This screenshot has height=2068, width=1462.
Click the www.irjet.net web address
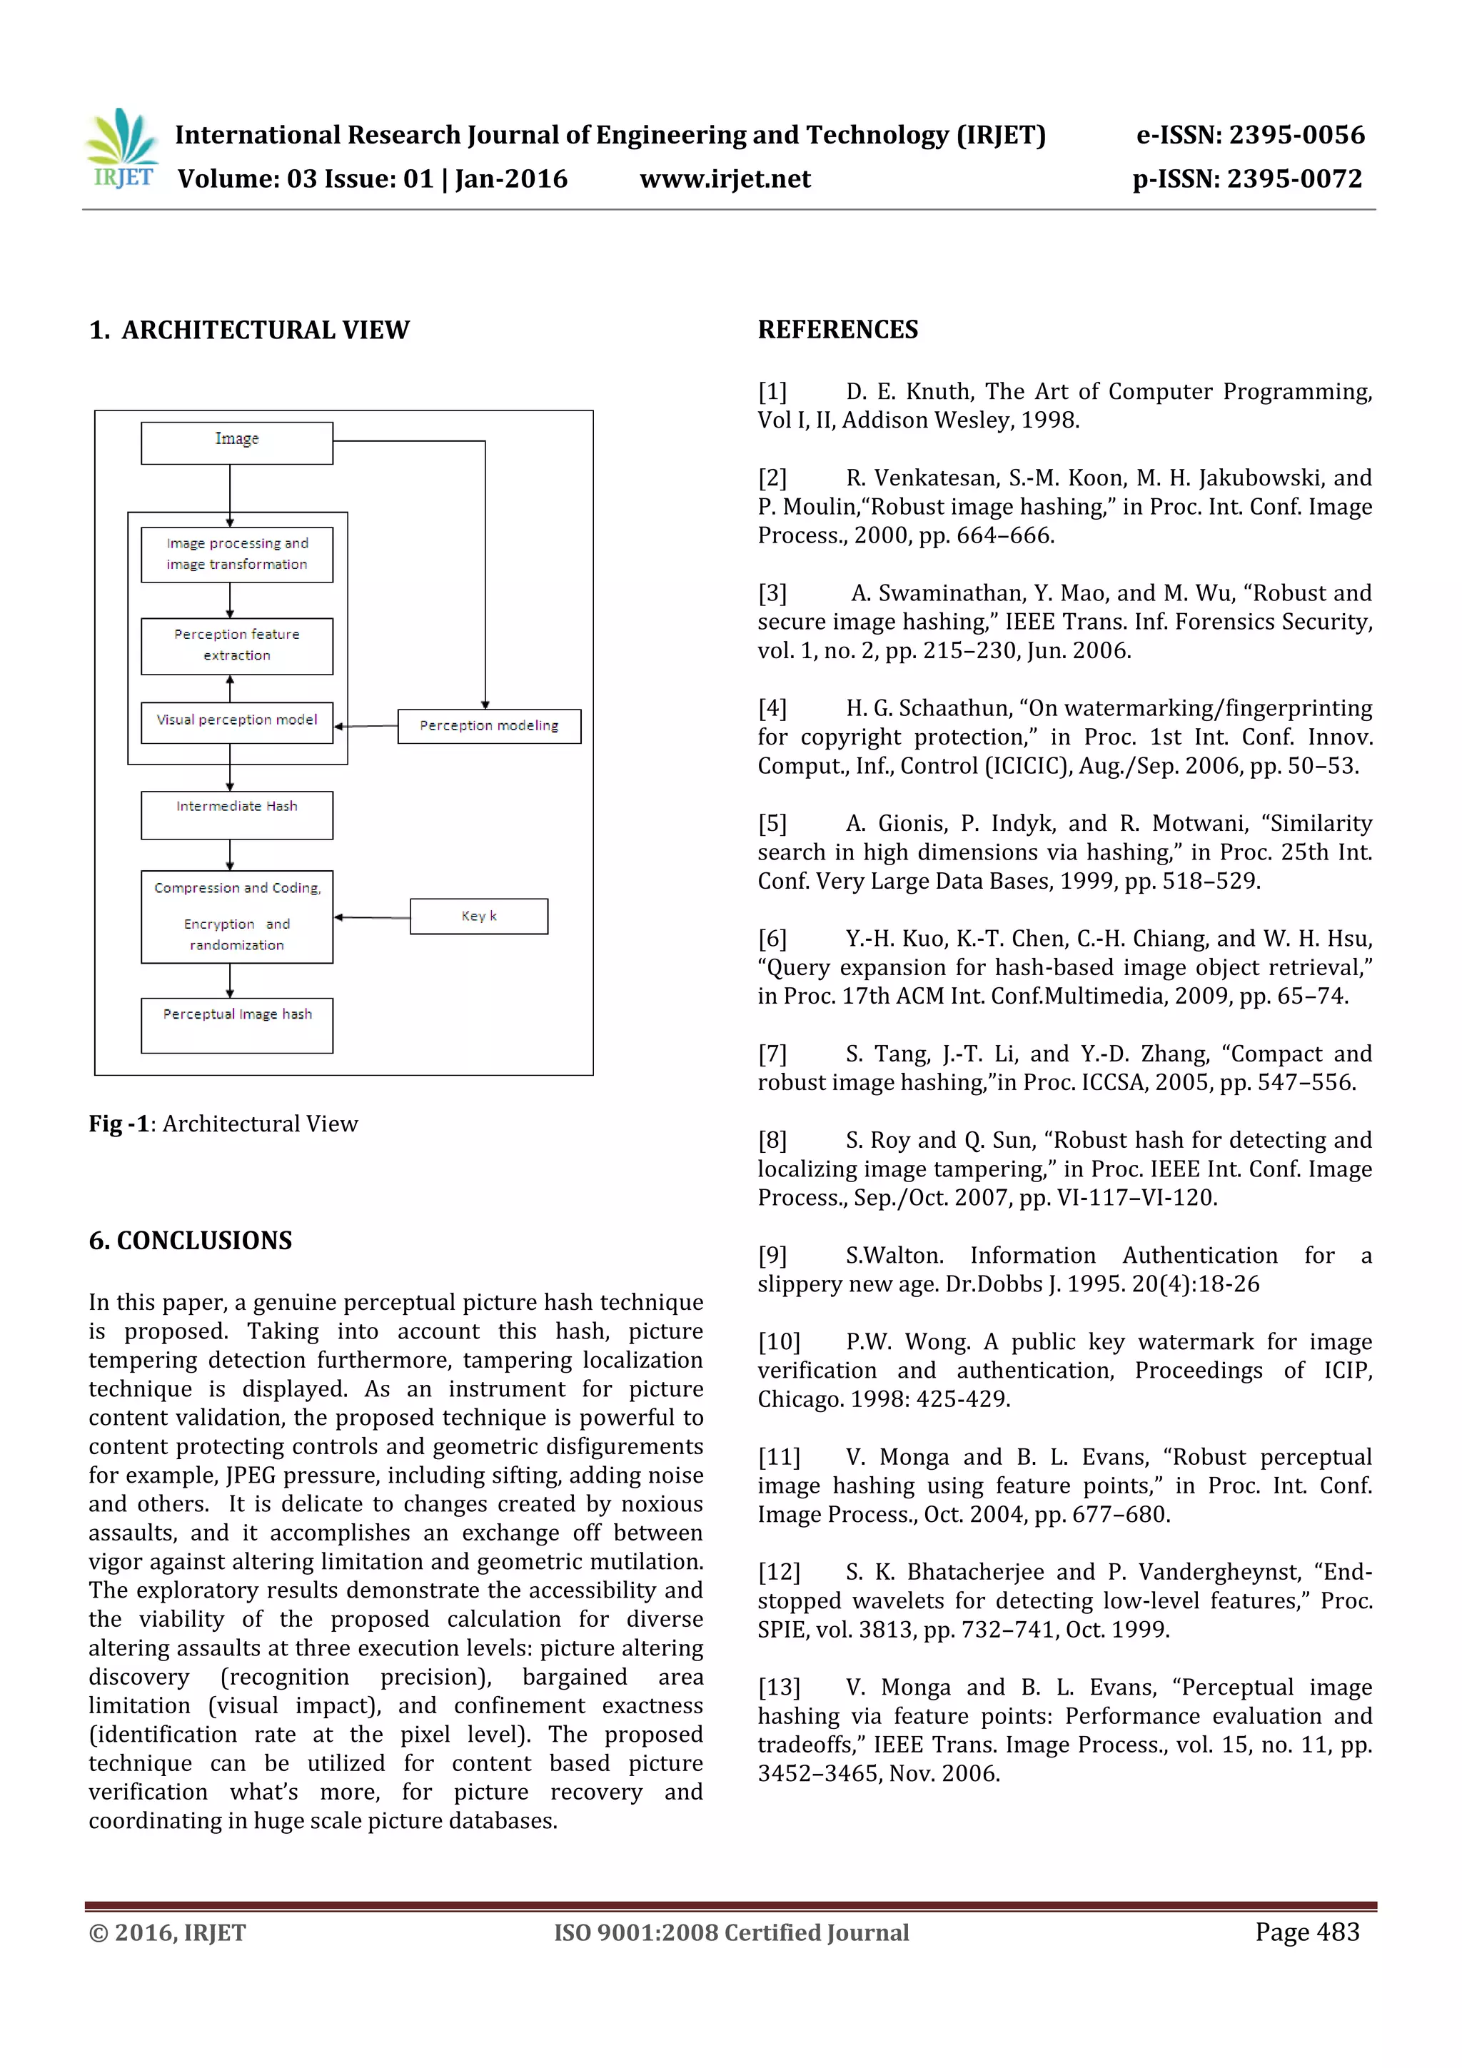pos(725,179)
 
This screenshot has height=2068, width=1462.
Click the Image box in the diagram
pos(237,443)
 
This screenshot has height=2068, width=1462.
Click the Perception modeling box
pos(489,726)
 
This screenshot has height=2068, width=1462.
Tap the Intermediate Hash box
pos(237,814)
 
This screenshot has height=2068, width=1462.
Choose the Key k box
pos(478,916)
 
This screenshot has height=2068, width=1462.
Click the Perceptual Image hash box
pos(237,1024)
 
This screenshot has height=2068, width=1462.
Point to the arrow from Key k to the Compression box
pos(372,917)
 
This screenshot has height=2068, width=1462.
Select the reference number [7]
pos(772,1054)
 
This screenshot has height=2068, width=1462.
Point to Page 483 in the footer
pos(1306,1931)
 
